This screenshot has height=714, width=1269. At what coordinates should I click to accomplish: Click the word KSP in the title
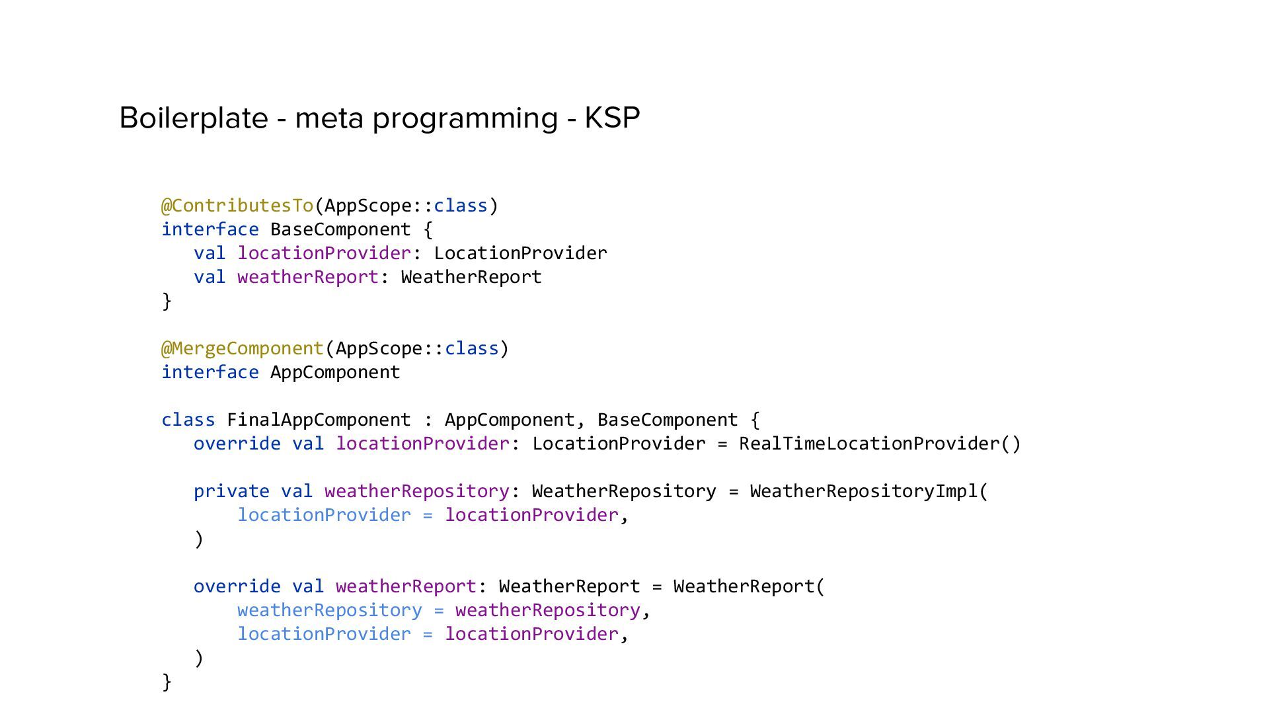pyautogui.click(x=612, y=118)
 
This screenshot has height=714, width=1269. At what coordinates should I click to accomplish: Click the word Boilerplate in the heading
pyautogui.click(x=193, y=118)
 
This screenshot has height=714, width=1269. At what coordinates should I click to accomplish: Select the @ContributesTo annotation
pyautogui.click(x=237, y=206)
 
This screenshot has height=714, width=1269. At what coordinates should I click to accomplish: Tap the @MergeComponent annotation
pyautogui.click(x=243, y=348)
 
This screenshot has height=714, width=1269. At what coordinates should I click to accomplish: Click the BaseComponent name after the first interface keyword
pyautogui.click(x=340, y=229)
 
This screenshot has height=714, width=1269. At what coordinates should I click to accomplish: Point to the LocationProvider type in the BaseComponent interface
pyautogui.click(x=520, y=253)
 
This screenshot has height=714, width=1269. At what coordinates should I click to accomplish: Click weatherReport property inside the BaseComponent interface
pyautogui.click(x=307, y=277)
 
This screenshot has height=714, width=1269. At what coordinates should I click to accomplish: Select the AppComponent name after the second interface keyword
pyautogui.click(x=335, y=372)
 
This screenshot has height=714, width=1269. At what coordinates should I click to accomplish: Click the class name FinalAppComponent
pyautogui.click(x=319, y=420)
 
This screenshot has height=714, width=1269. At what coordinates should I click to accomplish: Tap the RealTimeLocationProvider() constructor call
pyautogui.click(x=880, y=444)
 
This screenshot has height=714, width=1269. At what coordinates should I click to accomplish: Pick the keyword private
pyautogui.click(x=231, y=491)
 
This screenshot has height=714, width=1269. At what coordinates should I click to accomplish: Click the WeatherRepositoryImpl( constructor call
pyautogui.click(x=868, y=491)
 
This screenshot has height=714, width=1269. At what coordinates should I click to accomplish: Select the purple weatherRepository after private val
pyautogui.click(x=417, y=491)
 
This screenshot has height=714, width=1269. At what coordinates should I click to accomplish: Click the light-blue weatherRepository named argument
pyautogui.click(x=329, y=610)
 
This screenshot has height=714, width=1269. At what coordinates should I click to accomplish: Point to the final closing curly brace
pyautogui.click(x=167, y=682)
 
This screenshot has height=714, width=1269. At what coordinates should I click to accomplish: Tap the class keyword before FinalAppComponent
pyautogui.click(x=188, y=420)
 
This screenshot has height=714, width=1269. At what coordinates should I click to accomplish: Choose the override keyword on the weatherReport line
pyautogui.click(x=237, y=586)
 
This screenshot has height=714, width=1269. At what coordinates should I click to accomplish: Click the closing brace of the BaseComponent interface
pyautogui.click(x=167, y=301)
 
